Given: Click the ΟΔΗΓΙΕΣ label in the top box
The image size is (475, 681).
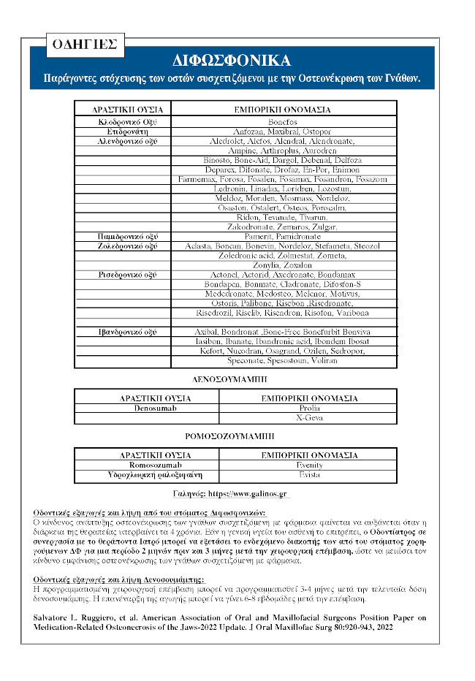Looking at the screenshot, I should (84, 44).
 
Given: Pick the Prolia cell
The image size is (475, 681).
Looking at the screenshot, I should (309, 408).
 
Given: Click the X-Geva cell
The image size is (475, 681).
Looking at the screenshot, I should (309, 417).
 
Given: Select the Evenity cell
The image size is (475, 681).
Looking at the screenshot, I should (309, 465).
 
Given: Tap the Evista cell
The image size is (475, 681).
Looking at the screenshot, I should (309, 474).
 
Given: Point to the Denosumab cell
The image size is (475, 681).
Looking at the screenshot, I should (155, 408).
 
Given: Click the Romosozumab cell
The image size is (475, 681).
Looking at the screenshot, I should (155, 465).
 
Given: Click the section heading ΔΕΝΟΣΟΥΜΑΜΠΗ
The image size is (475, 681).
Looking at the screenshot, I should (237, 380).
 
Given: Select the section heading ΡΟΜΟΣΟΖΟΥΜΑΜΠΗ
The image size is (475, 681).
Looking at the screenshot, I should (236, 437).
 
